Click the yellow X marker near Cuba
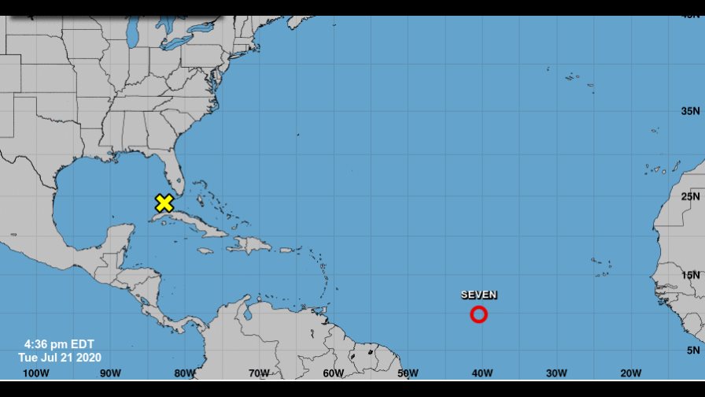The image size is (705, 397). (164, 203)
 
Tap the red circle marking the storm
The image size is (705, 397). (478, 314)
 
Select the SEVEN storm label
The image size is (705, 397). (478, 295)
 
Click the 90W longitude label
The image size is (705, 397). (110, 373)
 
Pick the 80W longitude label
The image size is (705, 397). (184, 373)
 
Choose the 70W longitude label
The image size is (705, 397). (259, 373)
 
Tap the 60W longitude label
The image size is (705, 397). (333, 373)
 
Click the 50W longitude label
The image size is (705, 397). (408, 373)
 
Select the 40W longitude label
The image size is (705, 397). (482, 373)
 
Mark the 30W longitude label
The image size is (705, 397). (556, 373)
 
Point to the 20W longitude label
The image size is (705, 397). (630, 373)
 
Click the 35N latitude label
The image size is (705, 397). (690, 111)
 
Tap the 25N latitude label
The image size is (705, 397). (690, 195)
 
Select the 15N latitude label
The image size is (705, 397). (690, 275)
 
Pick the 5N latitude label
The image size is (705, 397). (692, 350)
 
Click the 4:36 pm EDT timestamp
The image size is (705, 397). (59, 344)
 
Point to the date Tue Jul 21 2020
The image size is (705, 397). (60, 357)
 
